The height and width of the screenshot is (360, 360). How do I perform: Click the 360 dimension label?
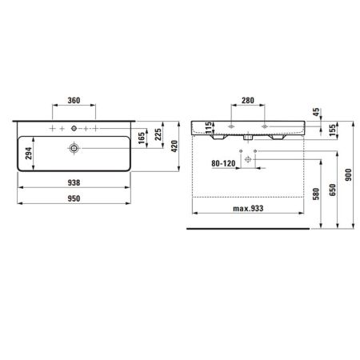coord(73,102)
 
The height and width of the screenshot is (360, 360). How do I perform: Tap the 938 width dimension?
coord(73,182)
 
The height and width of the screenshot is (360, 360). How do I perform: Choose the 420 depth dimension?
coord(178,150)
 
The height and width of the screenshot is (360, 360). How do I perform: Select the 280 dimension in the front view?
coord(248,102)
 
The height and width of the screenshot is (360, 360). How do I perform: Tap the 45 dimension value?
coord(317,112)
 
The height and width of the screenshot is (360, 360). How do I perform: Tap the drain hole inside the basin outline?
coord(74,148)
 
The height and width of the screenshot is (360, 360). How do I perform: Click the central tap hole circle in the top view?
coord(74,128)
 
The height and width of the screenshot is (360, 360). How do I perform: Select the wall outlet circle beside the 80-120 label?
coord(247,160)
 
